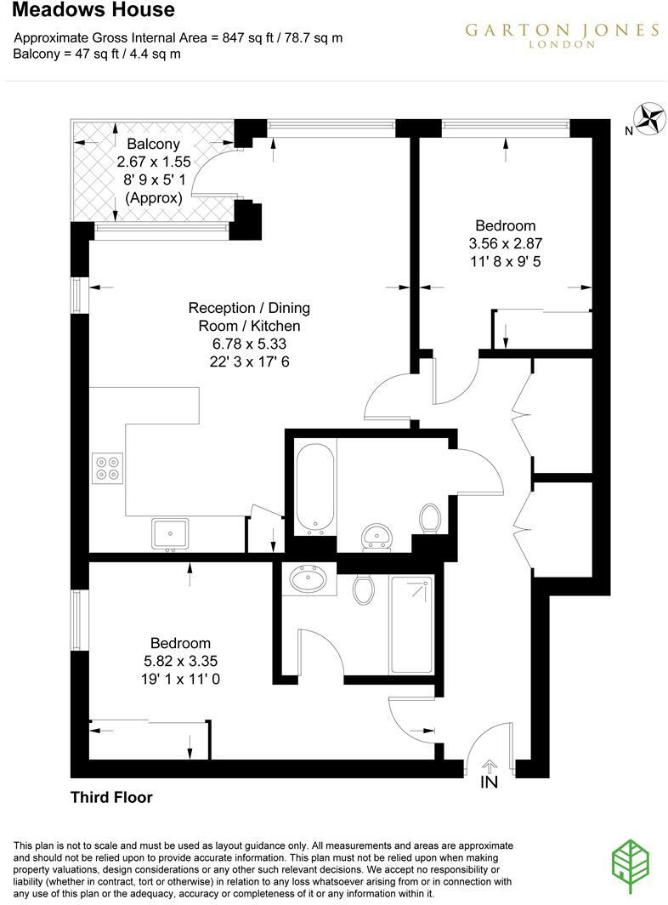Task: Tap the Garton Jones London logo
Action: click(x=562, y=35)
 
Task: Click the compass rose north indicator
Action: click(x=651, y=119)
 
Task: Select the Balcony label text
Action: click(x=153, y=144)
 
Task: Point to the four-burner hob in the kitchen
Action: click(x=108, y=468)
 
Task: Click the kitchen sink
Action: click(x=171, y=533)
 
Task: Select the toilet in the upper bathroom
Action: click(x=430, y=517)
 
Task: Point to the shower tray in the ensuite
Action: click(x=410, y=624)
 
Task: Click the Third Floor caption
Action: click(x=111, y=798)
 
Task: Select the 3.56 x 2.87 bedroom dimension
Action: click(x=505, y=243)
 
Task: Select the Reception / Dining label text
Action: click(x=249, y=308)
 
